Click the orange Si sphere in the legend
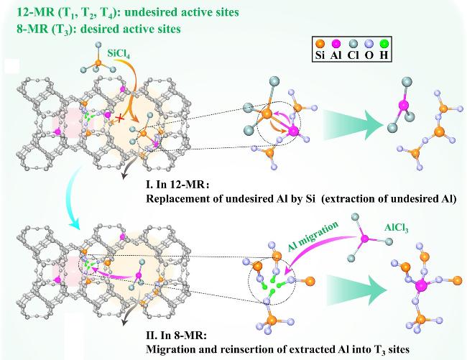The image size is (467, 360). pos(319,44)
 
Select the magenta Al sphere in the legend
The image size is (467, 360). pos(336,44)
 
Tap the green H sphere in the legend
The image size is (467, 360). pos(384,44)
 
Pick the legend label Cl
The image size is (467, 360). pos(353,55)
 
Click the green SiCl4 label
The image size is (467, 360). pos(119,54)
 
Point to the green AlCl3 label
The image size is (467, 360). pos(396,229)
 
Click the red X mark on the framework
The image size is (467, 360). pos(120,119)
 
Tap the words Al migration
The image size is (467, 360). pos(313,236)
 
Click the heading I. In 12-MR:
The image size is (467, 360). pos(177,185)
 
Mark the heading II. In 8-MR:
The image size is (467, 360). pos(176,336)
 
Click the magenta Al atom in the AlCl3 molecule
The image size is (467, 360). pos(364,239)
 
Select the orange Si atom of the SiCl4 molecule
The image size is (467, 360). pos(98,63)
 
